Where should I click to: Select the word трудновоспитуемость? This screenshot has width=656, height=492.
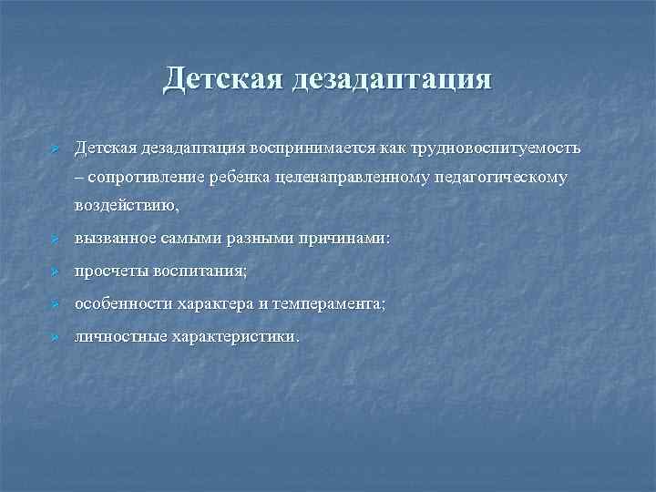495,148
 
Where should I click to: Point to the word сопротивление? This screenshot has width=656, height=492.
144,177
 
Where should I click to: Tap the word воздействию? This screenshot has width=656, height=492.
120,207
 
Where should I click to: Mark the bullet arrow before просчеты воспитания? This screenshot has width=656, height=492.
55,272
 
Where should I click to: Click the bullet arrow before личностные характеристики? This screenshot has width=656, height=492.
55,337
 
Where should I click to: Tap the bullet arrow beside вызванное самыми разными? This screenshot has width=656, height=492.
55,240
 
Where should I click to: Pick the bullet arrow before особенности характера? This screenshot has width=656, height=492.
55,305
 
